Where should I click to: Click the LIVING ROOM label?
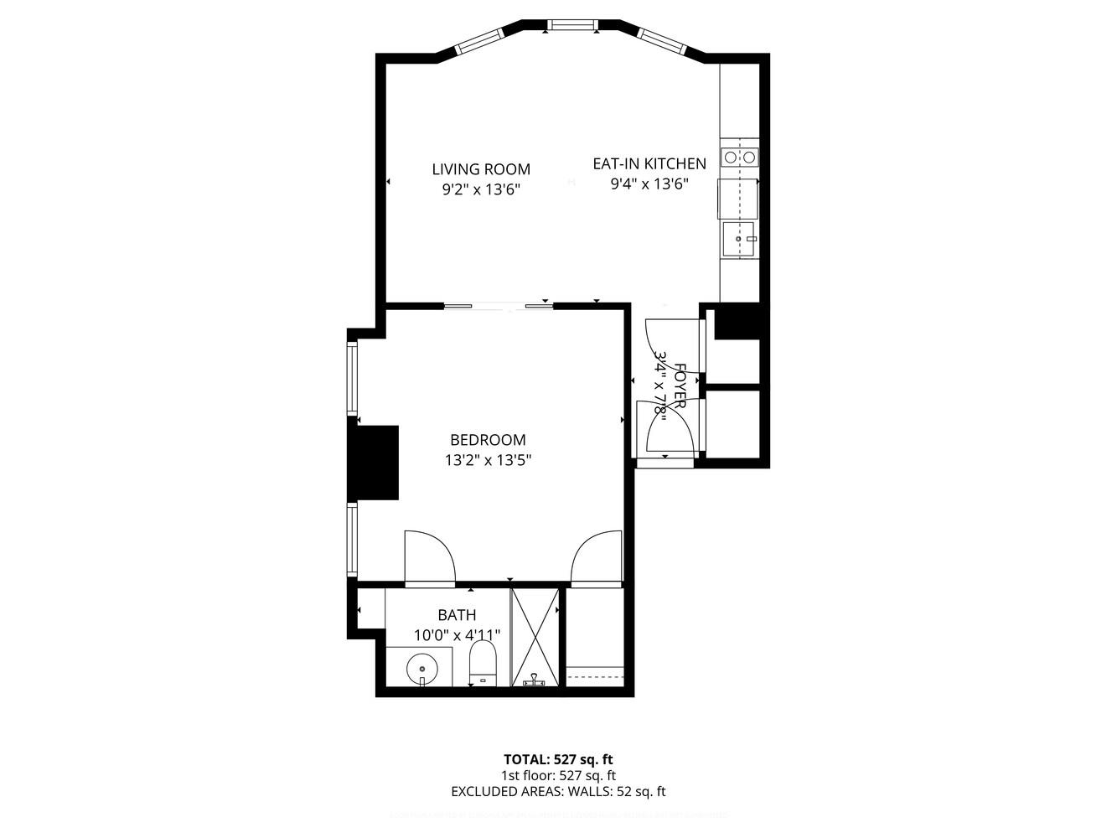[x=481, y=169]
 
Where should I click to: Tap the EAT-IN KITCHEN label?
[x=649, y=164]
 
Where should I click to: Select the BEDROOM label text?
[x=488, y=440]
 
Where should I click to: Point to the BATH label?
[x=457, y=616]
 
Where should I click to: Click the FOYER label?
[x=680, y=385]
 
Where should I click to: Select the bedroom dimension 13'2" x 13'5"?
[x=488, y=460]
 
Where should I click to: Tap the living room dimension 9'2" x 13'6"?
[x=481, y=189]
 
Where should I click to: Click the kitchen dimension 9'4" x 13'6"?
[x=649, y=184]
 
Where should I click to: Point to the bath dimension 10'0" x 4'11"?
[x=457, y=635]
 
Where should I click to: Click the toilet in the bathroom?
[x=483, y=664]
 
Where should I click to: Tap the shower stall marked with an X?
[x=535, y=637]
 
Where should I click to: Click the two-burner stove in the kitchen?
[x=739, y=157]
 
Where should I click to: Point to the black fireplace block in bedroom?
[x=374, y=463]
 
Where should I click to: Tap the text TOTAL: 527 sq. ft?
[x=558, y=760]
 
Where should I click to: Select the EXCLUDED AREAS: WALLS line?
[x=558, y=791]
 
